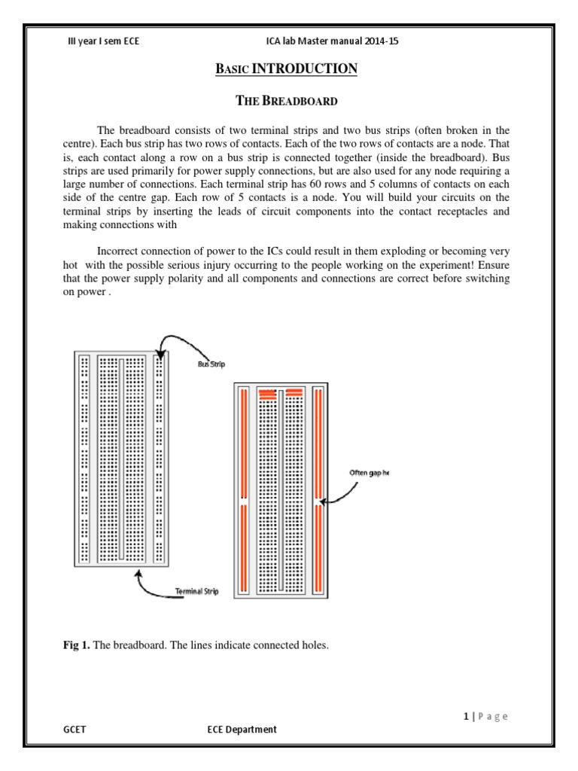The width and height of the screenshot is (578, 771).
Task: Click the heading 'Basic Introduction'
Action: pos(287,69)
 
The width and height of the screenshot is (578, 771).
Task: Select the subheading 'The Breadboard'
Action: pos(287,100)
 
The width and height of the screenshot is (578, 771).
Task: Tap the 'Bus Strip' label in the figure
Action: pos(211,364)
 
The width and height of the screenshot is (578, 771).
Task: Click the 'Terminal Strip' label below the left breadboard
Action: pos(196,592)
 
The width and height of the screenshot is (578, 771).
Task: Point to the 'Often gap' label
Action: pos(370,473)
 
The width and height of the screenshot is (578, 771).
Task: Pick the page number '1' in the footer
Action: pos(467,716)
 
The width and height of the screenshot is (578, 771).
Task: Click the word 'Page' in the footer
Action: pos(494,716)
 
